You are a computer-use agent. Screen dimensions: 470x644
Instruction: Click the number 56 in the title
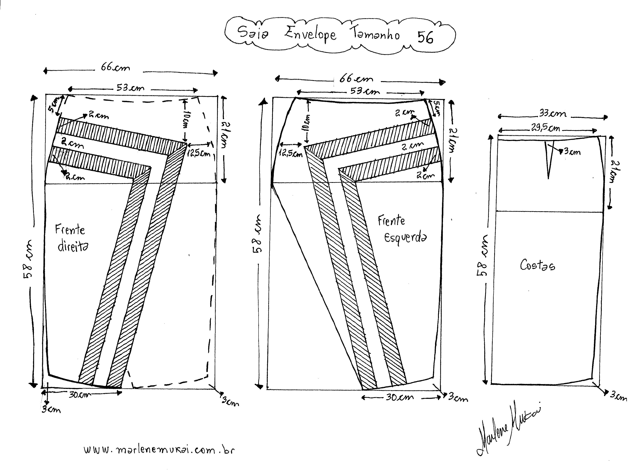(x=425, y=37)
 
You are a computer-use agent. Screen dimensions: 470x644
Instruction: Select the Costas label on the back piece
(x=537, y=265)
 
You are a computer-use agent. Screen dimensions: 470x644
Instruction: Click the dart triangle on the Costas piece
(x=548, y=159)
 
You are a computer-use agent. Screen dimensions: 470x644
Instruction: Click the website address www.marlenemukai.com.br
(x=159, y=450)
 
